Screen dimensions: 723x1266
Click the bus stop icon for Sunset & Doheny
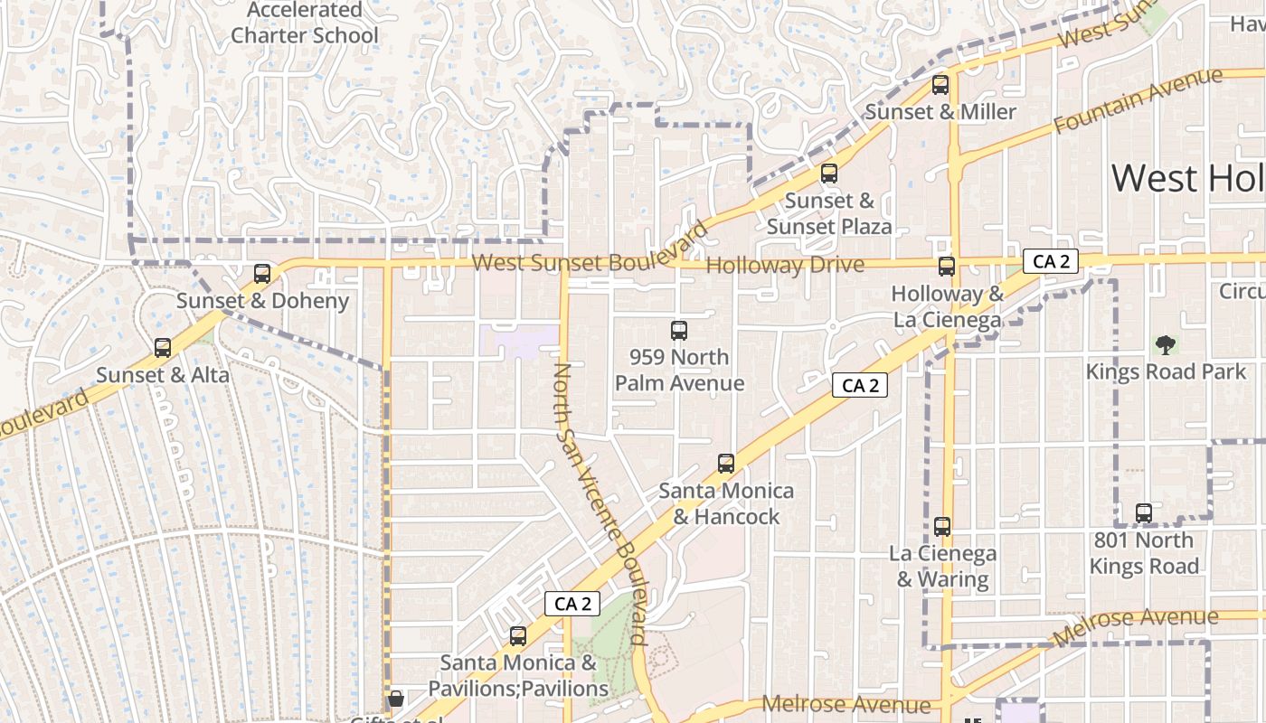pos(262,273)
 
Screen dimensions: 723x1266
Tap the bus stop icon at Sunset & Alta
pos(163,347)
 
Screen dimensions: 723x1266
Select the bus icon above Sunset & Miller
pos(940,85)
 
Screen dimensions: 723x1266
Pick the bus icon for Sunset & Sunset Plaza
pos(829,174)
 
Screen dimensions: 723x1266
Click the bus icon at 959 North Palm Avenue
pos(679,331)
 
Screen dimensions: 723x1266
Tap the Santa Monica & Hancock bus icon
pos(725,464)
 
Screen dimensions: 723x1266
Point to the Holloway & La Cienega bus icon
pos(947,267)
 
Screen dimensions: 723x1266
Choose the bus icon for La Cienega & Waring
pos(942,526)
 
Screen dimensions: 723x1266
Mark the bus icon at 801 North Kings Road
pos(1144,513)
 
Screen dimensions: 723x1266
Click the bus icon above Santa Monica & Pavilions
pos(517,636)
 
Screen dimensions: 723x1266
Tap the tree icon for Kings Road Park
pos(1166,344)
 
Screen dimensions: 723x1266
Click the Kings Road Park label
pos(1153,371)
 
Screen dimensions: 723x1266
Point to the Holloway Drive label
pos(784,266)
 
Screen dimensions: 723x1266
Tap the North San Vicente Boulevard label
pos(600,502)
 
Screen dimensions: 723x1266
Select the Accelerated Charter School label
pos(305,23)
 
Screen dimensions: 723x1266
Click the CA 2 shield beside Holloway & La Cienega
pos(1051,262)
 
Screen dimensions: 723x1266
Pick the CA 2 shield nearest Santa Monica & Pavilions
pos(572,604)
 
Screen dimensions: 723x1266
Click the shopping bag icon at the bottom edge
pos(395,699)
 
